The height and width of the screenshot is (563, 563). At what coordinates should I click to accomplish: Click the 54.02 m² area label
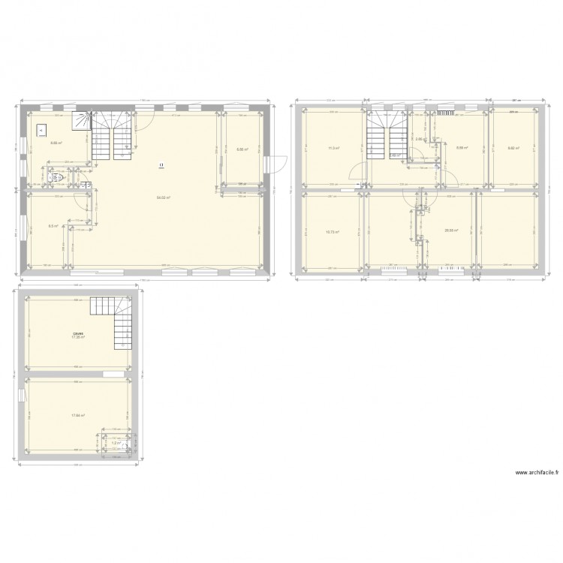[x=163, y=197]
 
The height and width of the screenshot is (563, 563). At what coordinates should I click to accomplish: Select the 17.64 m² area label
[x=77, y=415]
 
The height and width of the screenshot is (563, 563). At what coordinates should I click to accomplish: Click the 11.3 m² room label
[x=333, y=148]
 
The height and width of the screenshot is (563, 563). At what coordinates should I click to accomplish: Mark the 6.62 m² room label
[x=513, y=148]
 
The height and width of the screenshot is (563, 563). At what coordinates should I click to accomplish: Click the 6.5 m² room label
[x=52, y=225]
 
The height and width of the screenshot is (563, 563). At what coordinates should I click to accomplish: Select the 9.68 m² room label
[x=56, y=142]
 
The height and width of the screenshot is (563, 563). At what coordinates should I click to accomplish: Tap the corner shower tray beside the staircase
[x=80, y=119]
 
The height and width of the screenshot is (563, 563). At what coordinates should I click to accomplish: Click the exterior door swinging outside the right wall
[x=279, y=162]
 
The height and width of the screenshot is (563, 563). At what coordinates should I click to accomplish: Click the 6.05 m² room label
[x=242, y=148]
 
